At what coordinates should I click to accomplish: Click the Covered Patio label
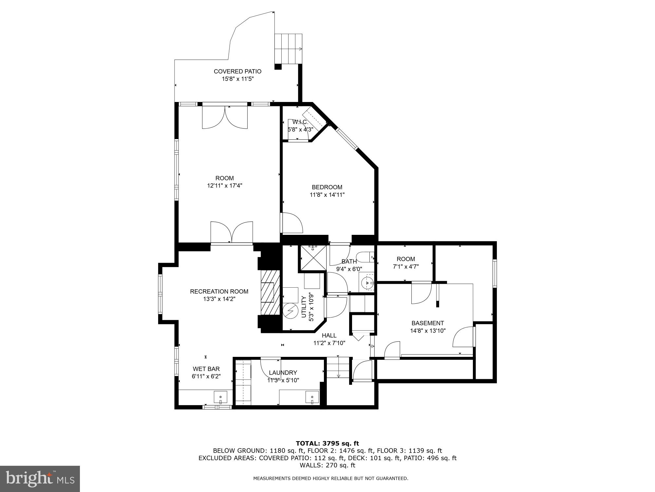pos(237,72)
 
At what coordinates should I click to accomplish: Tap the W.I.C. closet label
pos(300,122)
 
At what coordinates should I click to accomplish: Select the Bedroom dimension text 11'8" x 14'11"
pos(327,195)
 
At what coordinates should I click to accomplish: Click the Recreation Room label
pos(219,291)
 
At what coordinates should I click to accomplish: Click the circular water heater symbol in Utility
pos(290,311)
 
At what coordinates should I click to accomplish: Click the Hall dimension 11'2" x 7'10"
pos(329,343)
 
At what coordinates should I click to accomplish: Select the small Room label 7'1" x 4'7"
pos(405,262)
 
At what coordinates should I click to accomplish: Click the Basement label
pos(427,323)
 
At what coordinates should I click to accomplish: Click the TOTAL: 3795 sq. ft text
pos(327,443)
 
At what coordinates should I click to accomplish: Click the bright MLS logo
pos(40,479)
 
